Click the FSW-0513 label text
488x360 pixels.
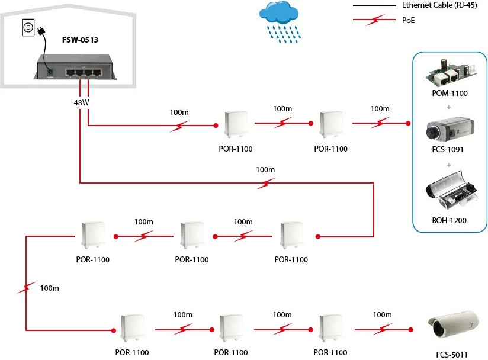coord(80,40)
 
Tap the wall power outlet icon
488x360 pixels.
coord(27,27)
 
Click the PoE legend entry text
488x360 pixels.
coord(407,20)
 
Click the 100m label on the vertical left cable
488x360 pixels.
coord(49,288)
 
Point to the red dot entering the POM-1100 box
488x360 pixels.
coord(408,124)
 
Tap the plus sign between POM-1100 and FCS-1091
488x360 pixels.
coord(448,107)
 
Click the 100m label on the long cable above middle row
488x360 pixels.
coord(265,170)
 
